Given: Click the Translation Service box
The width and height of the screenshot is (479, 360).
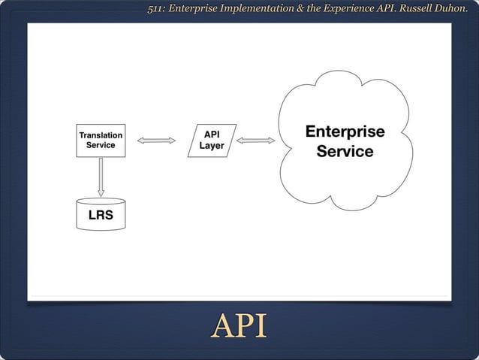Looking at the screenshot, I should pyautogui.click(x=101, y=141).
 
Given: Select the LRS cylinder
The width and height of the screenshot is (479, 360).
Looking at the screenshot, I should pyautogui.click(x=101, y=214).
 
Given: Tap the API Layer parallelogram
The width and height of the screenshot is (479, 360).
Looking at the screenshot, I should pyautogui.click(x=212, y=141).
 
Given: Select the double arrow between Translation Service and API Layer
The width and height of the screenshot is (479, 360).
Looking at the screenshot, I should pyautogui.click(x=156, y=141).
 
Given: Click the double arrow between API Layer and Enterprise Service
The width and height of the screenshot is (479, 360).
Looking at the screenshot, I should pyautogui.click(x=256, y=141).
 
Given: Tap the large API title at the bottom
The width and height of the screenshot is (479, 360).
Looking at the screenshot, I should pyautogui.click(x=239, y=327).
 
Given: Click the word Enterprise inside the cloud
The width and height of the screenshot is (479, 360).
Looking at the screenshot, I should pyautogui.click(x=345, y=132).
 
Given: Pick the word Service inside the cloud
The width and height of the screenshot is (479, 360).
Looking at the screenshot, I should pyautogui.click(x=345, y=152).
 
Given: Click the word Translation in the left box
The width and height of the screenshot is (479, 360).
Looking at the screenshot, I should pyautogui.click(x=101, y=135).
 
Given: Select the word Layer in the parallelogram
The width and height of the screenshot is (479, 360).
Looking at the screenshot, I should pyautogui.click(x=212, y=146).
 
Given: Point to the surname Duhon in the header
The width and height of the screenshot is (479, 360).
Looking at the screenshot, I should pyautogui.click(x=450, y=9).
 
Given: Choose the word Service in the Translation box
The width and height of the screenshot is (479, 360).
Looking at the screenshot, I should pyautogui.click(x=101, y=146).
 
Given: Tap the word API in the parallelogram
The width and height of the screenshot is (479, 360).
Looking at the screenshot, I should pyautogui.click(x=212, y=135).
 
